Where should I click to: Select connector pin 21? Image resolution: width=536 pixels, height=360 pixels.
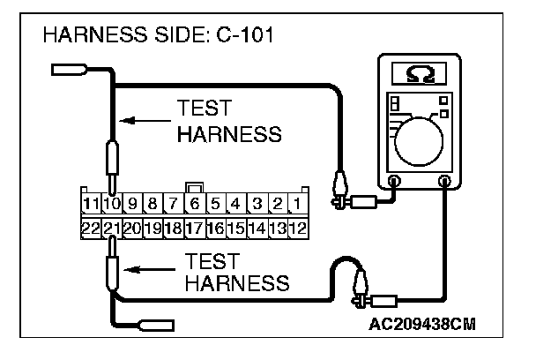point(111,228)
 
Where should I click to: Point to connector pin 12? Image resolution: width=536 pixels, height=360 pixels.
point(298,228)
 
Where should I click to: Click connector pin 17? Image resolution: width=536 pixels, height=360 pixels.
point(194,228)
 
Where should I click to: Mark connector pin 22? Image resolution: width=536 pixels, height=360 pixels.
point(89,228)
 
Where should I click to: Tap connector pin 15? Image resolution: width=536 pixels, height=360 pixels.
point(235,228)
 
